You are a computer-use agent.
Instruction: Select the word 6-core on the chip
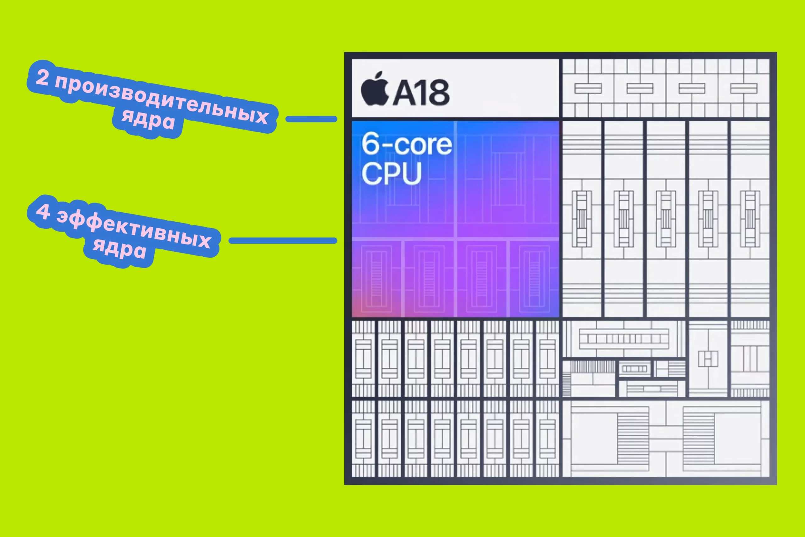[407, 144]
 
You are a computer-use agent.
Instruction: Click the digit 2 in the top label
[42, 77]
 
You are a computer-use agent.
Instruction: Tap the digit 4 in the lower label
[43, 211]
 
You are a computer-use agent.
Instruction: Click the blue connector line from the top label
[311, 119]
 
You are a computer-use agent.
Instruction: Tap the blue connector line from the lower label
[283, 241]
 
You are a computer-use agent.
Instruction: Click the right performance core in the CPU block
[508, 178]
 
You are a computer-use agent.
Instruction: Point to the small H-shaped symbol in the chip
[708, 359]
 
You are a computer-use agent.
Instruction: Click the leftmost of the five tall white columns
[581, 219]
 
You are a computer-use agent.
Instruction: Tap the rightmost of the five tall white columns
[750, 219]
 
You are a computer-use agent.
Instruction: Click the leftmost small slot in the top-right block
[588, 88]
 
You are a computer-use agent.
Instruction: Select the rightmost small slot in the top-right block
[744, 88]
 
